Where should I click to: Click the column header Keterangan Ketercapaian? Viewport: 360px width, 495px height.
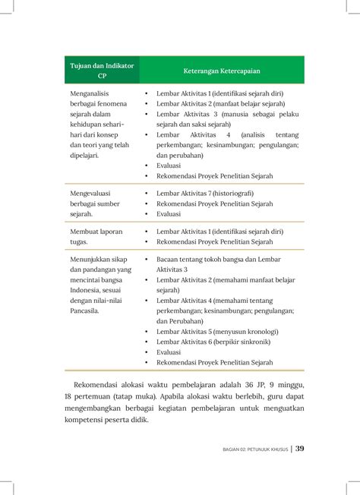click(221, 71)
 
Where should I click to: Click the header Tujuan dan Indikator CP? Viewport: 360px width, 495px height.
click(102, 71)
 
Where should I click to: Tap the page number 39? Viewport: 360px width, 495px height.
click(300, 449)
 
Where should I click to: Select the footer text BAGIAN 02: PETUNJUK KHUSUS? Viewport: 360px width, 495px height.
click(248, 449)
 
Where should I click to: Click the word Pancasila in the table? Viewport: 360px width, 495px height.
click(84, 310)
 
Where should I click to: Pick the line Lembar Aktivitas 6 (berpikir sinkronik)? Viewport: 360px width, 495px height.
click(214, 342)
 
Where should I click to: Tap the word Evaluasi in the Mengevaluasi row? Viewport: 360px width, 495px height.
click(169, 214)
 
